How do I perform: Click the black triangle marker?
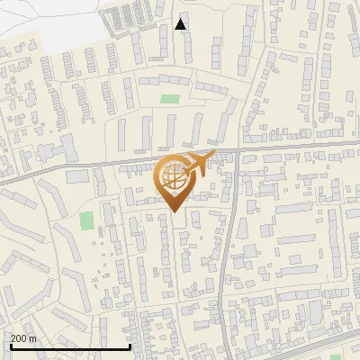[181, 24]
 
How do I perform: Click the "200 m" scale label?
[24, 338]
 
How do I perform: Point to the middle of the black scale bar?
[70, 346]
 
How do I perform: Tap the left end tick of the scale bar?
[11, 346]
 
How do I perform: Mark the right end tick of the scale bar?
[130, 346]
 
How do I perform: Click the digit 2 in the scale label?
[13, 338]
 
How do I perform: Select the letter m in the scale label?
[34, 338]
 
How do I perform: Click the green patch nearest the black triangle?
[169, 98]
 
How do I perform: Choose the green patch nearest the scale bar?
[86, 220]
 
